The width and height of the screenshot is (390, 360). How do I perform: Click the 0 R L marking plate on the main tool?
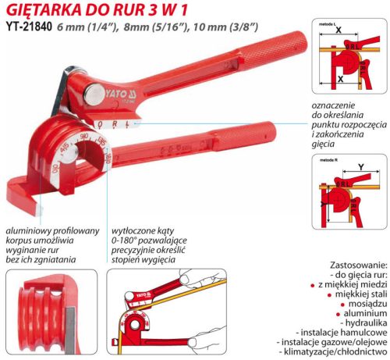[112, 124]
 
